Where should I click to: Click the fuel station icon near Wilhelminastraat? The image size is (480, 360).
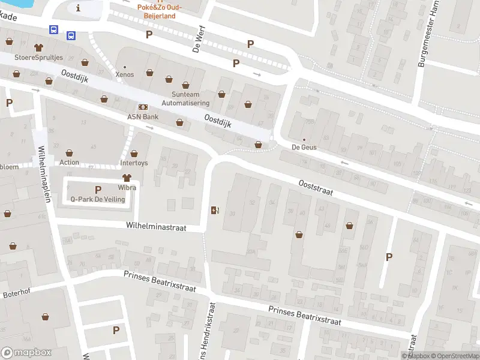(x=215, y=210)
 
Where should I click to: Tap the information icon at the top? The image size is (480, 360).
(x=78, y=8)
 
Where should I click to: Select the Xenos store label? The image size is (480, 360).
(x=125, y=75)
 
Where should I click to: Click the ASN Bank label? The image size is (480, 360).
(x=142, y=116)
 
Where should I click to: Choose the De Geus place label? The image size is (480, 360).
(x=304, y=147)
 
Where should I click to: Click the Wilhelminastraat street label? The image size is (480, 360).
(x=156, y=227)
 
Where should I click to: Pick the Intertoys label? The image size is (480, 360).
(x=134, y=163)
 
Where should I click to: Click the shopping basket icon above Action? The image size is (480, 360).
(x=70, y=153)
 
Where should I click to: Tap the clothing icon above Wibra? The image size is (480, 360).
(x=127, y=178)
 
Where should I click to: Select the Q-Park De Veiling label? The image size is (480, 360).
(x=98, y=199)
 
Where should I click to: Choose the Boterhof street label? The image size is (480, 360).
(x=16, y=295)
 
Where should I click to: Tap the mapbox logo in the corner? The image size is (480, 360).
(x=26, y=353)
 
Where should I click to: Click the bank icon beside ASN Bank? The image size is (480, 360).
(x=143, y=107)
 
